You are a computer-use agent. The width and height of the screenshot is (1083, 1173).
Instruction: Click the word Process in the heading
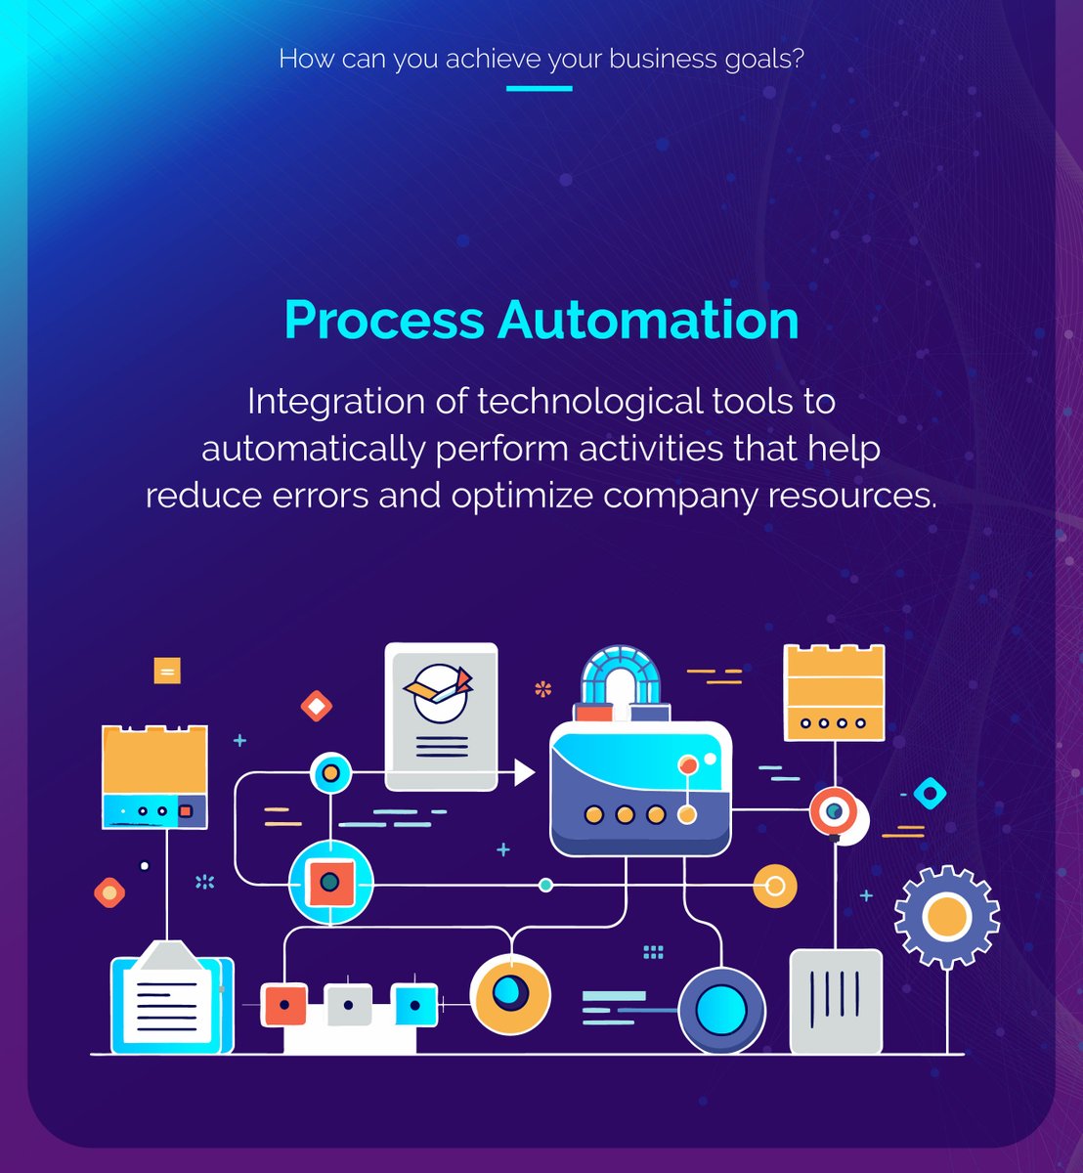[x=384, y=320]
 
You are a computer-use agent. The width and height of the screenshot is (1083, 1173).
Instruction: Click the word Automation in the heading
[x=648, y=320]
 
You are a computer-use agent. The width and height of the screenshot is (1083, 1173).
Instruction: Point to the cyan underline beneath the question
[x=539, y=89]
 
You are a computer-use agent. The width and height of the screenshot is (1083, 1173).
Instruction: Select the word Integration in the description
[x=335, y=402]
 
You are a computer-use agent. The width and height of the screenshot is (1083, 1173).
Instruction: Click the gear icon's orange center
[x=946, y=917]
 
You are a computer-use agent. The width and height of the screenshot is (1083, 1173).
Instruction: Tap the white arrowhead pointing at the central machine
[x=524, y=772]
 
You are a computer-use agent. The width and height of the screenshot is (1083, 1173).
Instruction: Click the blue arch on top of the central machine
[x=621, y=674]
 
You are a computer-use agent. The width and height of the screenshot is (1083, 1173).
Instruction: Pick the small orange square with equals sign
[x=167, y=671]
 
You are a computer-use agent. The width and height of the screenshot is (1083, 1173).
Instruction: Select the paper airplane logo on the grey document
[x=439, y=688]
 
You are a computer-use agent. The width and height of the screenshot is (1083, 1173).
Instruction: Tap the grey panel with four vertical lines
[x=836, y=1001]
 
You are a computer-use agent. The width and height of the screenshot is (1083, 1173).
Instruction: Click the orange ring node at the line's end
[x=775, y=886]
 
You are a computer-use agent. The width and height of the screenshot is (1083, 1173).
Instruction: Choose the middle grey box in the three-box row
[x=349, y=1005]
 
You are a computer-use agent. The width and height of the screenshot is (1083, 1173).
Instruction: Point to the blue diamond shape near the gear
[x=930, y=793]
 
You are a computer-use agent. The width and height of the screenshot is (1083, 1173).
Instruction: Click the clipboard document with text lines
[x=173, y=998]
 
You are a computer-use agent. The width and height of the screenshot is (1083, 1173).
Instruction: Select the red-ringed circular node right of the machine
[x=834, y=811]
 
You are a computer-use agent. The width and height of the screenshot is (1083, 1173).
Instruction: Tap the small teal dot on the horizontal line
[x=546, y=885]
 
